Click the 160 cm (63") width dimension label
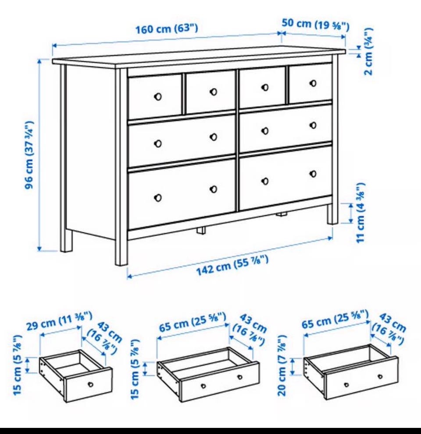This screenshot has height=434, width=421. click(167, 28)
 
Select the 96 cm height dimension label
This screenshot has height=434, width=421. click(29, 155)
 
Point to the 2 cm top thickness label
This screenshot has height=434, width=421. click(369, 51)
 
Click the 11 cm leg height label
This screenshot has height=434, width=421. click(360, 213)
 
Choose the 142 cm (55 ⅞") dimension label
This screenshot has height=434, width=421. click(232, 265)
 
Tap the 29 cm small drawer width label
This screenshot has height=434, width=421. click(59, 320)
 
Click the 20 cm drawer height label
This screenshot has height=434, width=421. click(282, 365)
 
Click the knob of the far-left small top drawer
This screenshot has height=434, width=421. click(158, 96)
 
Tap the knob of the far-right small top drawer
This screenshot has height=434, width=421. click(313, 83)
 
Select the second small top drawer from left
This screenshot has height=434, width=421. click(210, 92)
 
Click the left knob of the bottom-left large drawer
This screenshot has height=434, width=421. click(158, 198)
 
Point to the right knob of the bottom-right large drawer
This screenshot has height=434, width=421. click(313, 174)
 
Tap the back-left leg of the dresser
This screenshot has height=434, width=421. click(66, 240)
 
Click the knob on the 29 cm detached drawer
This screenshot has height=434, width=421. click(91, 384)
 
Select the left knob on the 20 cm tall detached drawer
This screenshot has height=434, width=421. click(346, 385)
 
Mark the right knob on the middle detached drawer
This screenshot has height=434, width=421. click(240, 377)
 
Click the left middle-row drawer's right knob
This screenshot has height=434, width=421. click(213, 137)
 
